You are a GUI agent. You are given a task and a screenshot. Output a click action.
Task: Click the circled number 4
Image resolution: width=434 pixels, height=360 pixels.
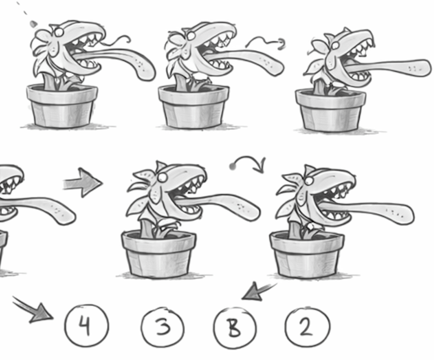pos(87,326)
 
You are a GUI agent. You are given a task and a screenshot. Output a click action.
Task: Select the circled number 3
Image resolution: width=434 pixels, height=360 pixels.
pos(163,327)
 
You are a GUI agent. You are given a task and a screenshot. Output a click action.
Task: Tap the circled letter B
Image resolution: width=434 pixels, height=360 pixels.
pos(235,328)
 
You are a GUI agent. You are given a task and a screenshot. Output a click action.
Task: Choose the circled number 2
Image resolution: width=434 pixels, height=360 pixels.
pos(307,327)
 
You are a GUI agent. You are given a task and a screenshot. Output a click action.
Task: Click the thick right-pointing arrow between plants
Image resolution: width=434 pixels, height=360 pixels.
pos(82,182)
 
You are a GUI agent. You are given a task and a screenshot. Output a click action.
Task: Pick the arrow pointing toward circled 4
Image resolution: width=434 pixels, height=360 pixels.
pos(33,310)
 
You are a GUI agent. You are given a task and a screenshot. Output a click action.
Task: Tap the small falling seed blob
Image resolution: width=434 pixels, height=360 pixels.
pos(33,24)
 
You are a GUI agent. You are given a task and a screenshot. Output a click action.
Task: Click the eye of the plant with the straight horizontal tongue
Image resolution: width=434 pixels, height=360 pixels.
pos(335,45)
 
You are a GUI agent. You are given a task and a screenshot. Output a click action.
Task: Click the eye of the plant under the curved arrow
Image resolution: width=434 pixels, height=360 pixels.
pos(309,181)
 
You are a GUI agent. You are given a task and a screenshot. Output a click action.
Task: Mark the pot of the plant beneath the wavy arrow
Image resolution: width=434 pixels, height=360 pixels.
pos(194,107)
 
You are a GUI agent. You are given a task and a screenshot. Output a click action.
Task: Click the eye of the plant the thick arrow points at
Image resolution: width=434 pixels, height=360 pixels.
pos(162,178)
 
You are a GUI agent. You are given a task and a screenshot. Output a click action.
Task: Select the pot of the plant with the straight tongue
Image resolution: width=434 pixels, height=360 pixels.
pos(330,110)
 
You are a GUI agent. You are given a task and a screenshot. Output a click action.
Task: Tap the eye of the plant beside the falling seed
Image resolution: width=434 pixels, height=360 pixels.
pos(59,32)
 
